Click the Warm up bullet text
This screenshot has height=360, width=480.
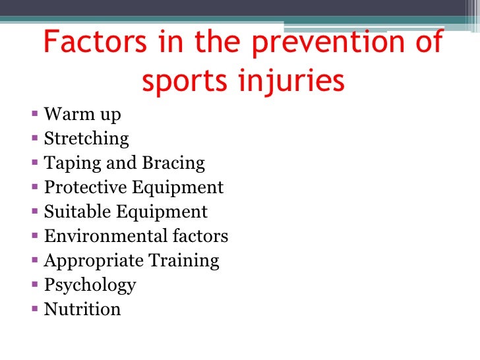[x=82, y=115]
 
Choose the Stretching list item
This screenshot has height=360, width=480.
[x=86, y=139]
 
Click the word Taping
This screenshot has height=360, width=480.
[x=69, y=164]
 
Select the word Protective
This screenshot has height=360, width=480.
[x=86, y=188]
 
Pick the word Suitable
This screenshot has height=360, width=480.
[x=76, y=212]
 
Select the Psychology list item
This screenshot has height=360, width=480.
[x=90, y=285]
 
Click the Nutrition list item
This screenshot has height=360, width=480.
[x=82, y=309]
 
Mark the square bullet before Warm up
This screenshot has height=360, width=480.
[x=35, y=115]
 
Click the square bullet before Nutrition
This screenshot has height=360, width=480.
[x=35, y=309]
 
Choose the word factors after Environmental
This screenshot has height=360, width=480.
[x=196, y=236]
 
